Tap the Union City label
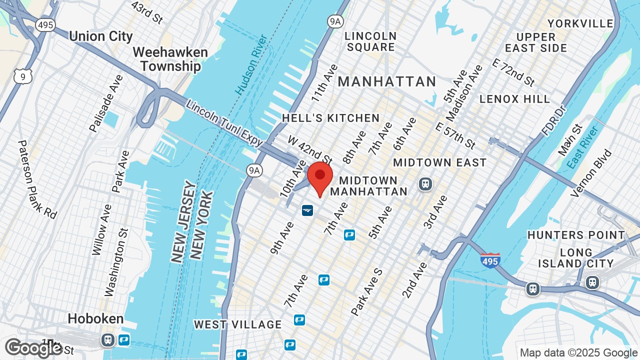tap(101, 36)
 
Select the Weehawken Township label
tap(170, 59)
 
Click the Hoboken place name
tap(95, 318)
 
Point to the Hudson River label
tap(252, 64)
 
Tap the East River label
tap(583, 148)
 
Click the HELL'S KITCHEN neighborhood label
tap(331, 118)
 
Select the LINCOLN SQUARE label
tap(370, 41)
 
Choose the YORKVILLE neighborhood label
tap(580, 23)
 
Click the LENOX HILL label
tap(514, 99)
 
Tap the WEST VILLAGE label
tap(238, 324)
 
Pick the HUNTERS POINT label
tap(576, 235)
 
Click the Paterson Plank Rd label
tap(37, 179)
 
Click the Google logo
tap(33, 348)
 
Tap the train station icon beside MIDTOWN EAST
tap(425, 184)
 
